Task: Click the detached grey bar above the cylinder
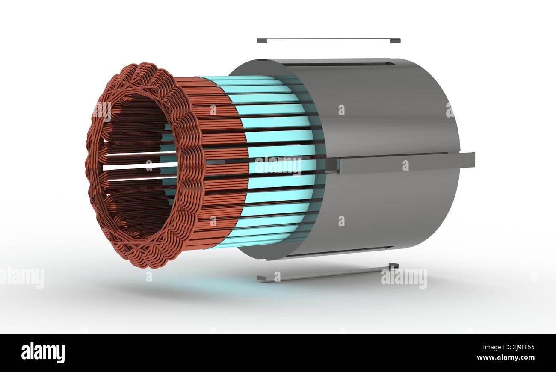pos(328,40)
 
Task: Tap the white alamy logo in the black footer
pos(43,353)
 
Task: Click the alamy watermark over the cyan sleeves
pos(278,165)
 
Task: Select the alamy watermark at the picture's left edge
pos(21,277)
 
